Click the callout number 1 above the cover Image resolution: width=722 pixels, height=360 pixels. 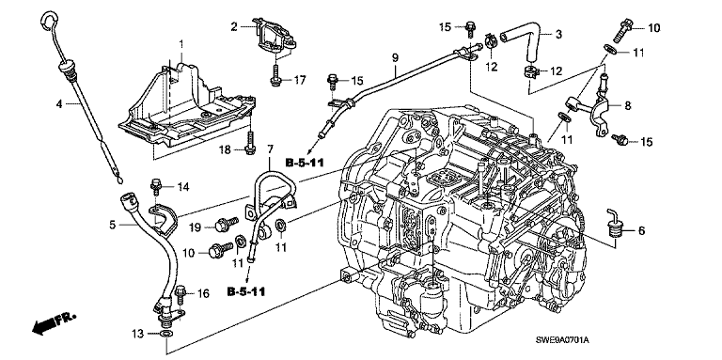[180, 44]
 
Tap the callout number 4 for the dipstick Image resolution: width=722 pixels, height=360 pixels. [59, 104]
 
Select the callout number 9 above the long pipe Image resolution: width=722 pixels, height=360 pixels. [395, 58]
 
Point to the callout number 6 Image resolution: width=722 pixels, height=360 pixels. [641, 230]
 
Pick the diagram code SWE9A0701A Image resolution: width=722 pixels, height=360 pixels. [562, 340]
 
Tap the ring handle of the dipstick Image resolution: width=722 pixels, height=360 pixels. [49, 20]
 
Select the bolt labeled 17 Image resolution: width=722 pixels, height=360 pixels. [275, 75]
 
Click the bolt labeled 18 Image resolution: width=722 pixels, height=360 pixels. [249, 143]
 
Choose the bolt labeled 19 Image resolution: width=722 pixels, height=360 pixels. [226, 225]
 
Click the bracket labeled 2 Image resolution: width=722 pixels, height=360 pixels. [273, 36]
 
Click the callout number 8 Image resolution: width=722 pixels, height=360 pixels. [628, 105]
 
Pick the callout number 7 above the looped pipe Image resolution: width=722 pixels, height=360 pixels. [270, 149]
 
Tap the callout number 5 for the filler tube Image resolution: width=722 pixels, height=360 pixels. [113, 225]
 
